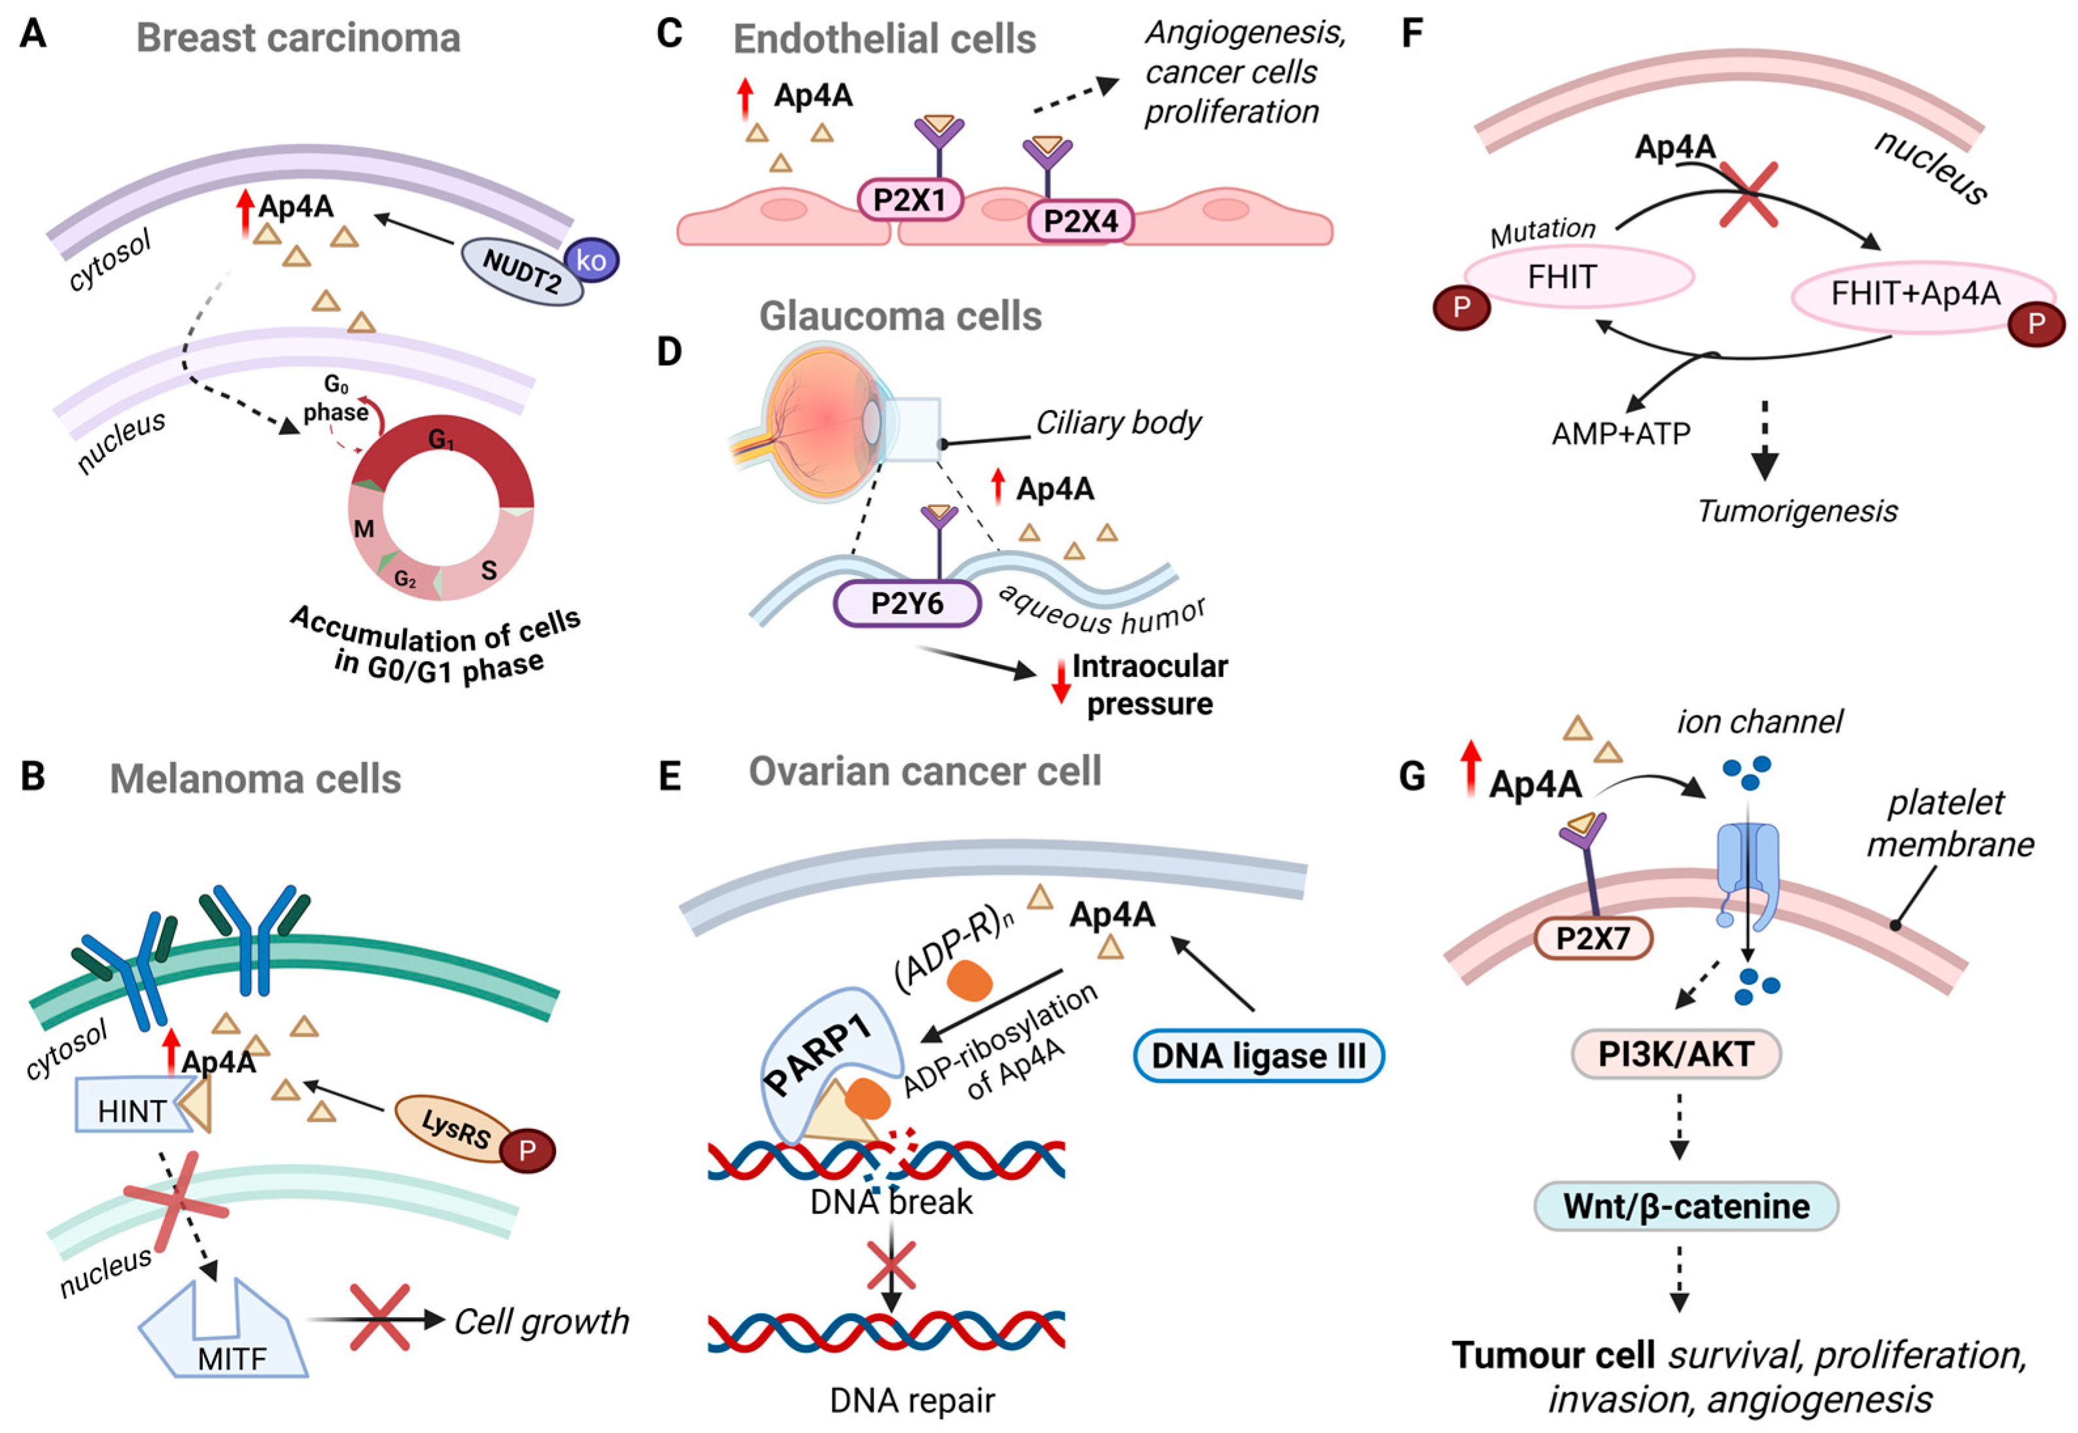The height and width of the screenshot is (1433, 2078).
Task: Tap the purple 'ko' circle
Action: (591, 260)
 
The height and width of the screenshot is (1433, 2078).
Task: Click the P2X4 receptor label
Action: (1081, 220)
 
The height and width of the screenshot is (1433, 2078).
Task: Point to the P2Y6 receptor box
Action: (908, 602)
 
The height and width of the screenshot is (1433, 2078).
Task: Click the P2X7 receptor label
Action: (1592, 939)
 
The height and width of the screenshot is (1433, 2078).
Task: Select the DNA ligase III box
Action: (1259, 1055)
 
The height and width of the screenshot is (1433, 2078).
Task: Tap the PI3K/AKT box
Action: (1676, 1053)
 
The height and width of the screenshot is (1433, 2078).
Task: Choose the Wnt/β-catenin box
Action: (1686, 1206)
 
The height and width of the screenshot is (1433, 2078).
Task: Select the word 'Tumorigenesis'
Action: (1797, 511)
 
